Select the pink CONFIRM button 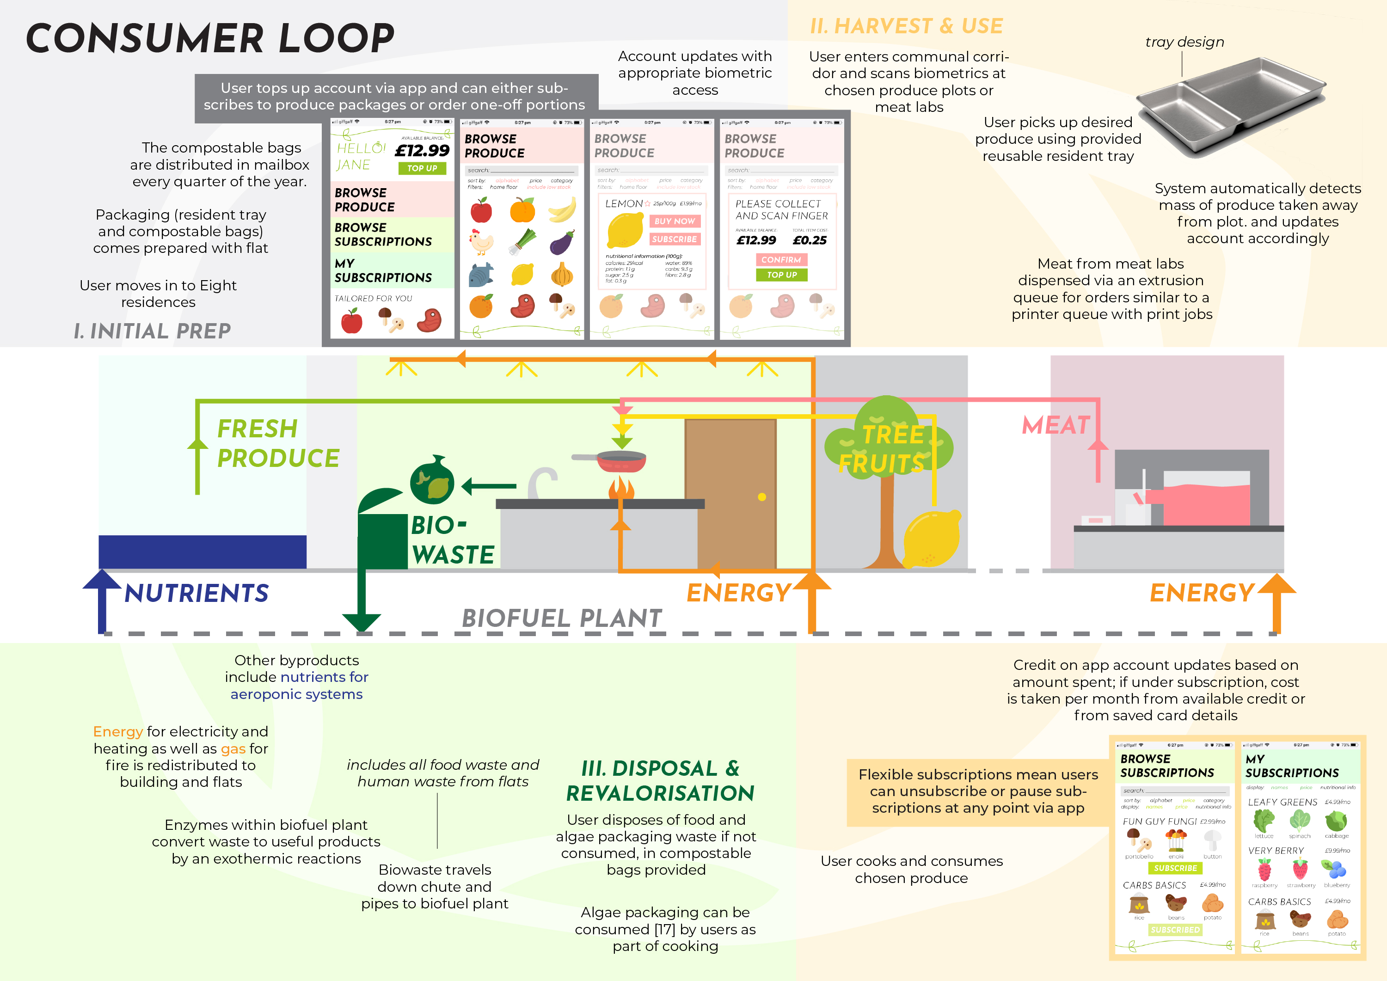point(781,260)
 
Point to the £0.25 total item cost point(810,240)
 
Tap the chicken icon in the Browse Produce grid point(481,242)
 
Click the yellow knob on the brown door point(762,497)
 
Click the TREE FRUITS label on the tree point(883,449)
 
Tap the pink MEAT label point(1056,425)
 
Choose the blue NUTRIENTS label point(196,593)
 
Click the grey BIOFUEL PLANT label point(562,619)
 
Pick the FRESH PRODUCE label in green point(277,443)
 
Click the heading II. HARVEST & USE point(906,26)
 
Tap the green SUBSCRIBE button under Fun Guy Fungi point(1175,868)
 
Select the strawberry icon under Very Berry point(1300,870)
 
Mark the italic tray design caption point(1184,42)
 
